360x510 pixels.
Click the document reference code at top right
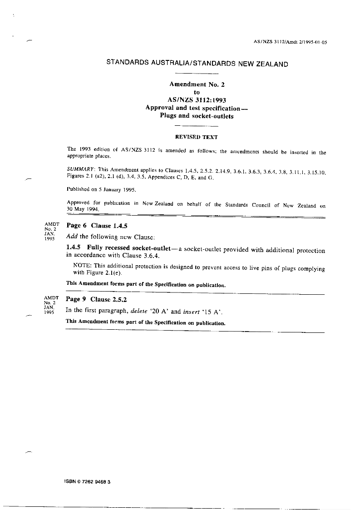pos(290,42)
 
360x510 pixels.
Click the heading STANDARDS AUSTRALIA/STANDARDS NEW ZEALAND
pos(197,64)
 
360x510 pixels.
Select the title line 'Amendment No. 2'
pos(197,84)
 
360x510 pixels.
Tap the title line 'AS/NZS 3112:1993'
pos(197,100)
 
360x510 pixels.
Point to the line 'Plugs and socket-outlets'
pos(197,116)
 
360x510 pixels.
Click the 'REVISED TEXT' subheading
pos(197,137)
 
